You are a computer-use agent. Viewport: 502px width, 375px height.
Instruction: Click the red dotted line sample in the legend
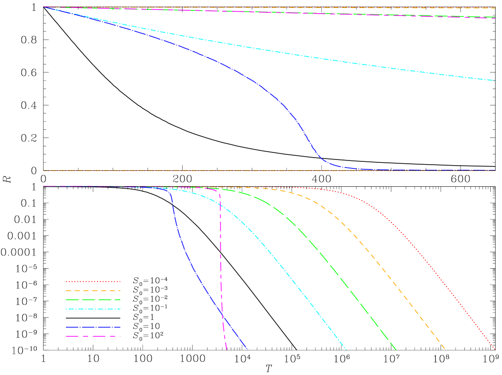pos(93,281)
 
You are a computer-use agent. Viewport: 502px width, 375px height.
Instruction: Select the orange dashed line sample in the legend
pos(93,291)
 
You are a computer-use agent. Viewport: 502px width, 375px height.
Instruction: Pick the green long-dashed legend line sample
pos(93,299)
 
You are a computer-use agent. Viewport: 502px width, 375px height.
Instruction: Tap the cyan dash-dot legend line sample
pos(93,309)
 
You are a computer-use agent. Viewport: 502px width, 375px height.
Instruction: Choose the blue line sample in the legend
pos(93,327)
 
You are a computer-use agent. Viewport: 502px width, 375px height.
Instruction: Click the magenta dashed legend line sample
pos(93,336)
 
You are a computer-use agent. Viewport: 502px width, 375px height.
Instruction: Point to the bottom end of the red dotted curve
pos(494,349)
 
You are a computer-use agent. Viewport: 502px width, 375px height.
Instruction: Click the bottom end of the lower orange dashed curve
pos(445,349)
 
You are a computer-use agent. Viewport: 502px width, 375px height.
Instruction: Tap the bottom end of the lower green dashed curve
pos(396,350)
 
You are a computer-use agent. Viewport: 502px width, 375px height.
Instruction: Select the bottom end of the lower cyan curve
pos(346,350)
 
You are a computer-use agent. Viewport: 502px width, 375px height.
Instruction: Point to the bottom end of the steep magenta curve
pos(226,350)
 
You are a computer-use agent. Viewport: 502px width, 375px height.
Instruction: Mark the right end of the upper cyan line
pos(495,80)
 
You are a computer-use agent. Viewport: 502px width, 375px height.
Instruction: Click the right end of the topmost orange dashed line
pos(495,8)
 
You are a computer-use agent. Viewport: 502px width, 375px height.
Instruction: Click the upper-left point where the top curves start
pos(44,7)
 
